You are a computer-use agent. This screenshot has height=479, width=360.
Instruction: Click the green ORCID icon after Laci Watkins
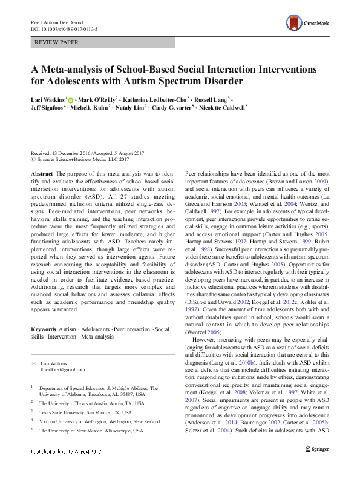[71, 99]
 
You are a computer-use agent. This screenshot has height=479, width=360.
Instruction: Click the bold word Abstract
[41, 173]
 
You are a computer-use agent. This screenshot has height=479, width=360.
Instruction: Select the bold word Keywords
[43, 328]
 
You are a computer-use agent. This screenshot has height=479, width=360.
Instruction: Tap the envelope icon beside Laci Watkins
[33, 362]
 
